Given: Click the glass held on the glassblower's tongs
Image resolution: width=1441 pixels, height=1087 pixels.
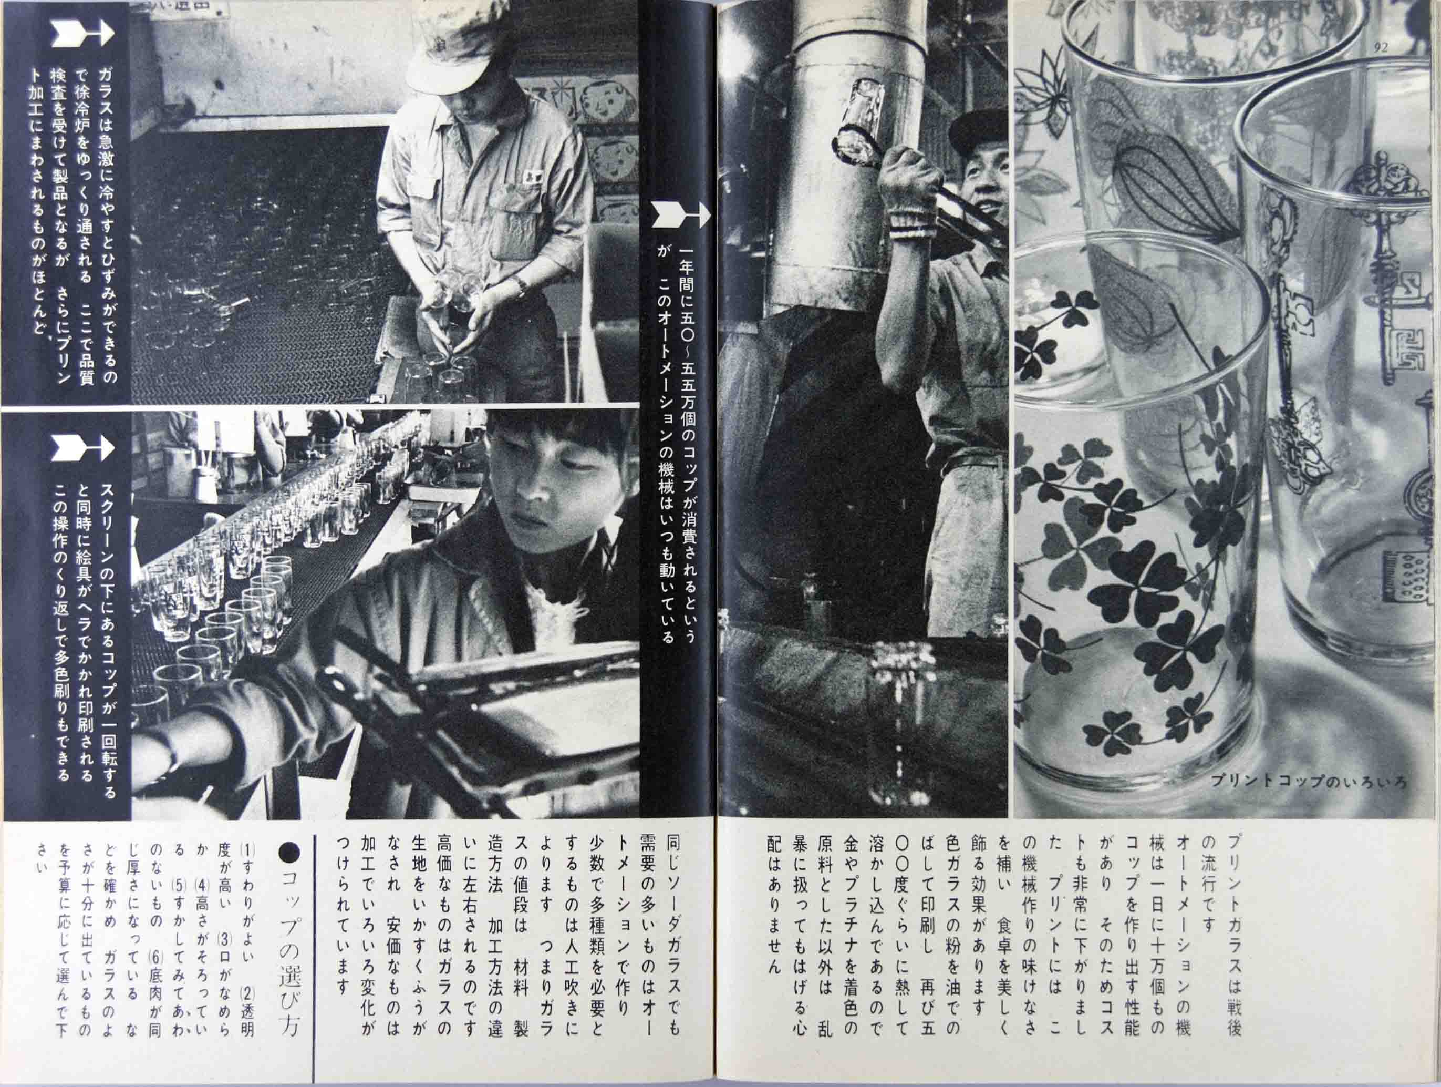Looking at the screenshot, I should pos(859,128).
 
